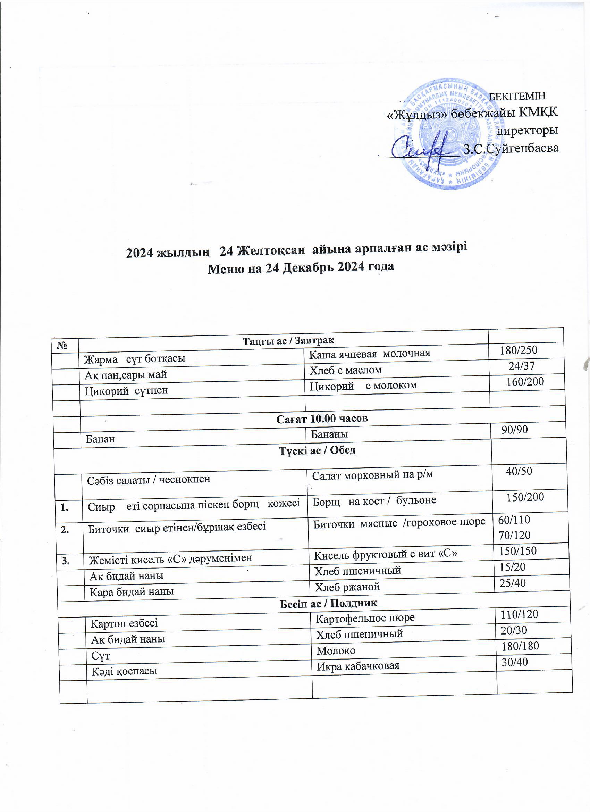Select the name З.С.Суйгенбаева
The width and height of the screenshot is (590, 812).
tap(511, 148)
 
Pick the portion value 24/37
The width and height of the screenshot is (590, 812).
tap(522, 366)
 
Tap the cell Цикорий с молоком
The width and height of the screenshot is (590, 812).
tap(363, 385)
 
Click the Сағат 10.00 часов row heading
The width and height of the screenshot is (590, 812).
tap(322, 418)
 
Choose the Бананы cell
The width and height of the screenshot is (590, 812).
tap(329, 434)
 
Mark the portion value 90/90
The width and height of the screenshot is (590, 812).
tap(514, 430)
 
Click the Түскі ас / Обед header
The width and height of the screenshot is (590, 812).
tap(317, 450)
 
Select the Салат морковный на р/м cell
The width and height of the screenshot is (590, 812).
tap(372, 475)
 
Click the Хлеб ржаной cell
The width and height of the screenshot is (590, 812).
tap(347, 587)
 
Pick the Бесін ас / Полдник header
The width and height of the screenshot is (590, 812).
tap(328, 603)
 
